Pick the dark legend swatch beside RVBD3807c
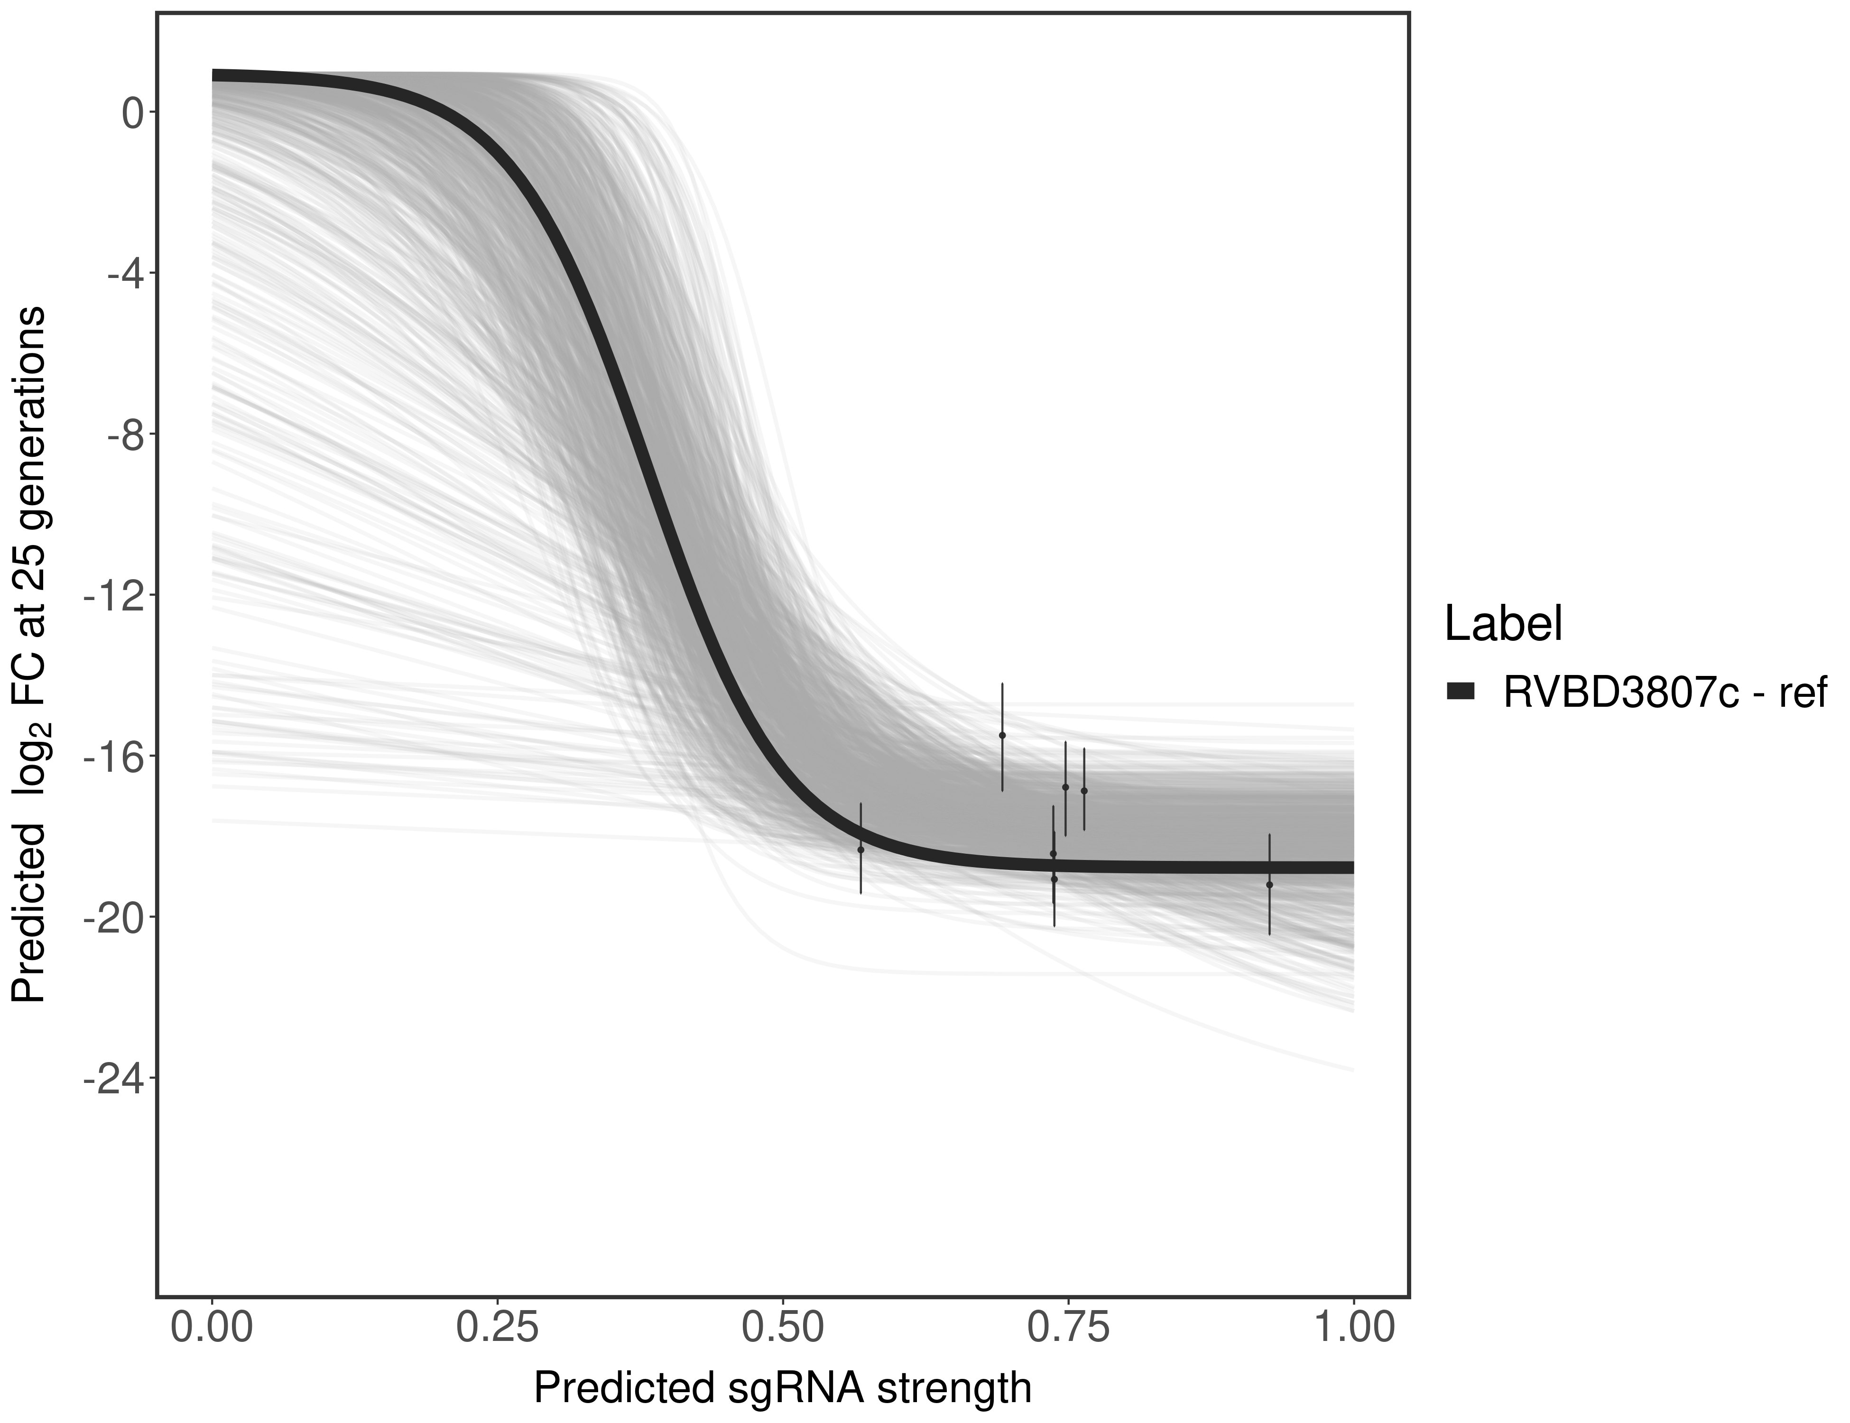click(1461, 692)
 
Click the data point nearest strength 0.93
click(1269, 884)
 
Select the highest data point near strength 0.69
click(1002, 735)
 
